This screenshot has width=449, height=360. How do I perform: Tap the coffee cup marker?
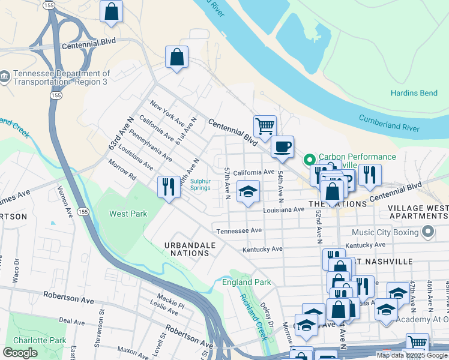click(x=282, y=146)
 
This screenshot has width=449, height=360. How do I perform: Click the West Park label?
click(x=128, y=214)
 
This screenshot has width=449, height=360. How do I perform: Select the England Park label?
click(x=246, y=282)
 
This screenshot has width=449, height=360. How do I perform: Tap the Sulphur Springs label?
click(x=200, y=184)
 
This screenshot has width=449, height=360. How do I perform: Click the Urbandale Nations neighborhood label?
click(x=188, y=249)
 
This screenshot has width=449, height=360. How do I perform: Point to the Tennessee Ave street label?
click(x=239, y=230)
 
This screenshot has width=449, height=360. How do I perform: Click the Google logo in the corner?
click(x=20, y=353)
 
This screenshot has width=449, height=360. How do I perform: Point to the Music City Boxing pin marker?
click(x=428, y=231)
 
